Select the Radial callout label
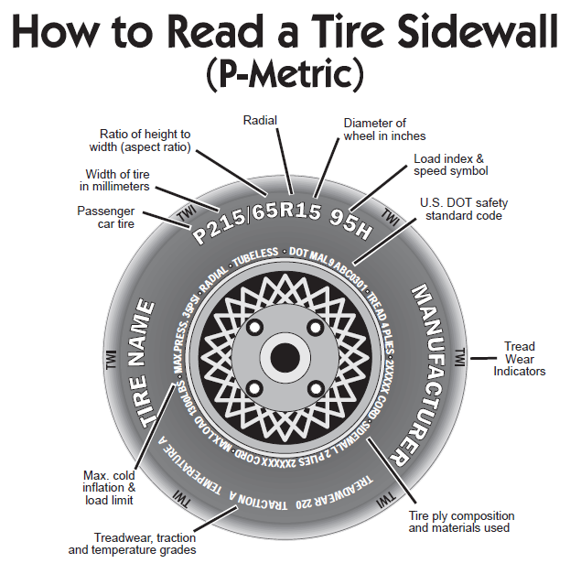tap(262, 120)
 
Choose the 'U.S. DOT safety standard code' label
tap(466, 209)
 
